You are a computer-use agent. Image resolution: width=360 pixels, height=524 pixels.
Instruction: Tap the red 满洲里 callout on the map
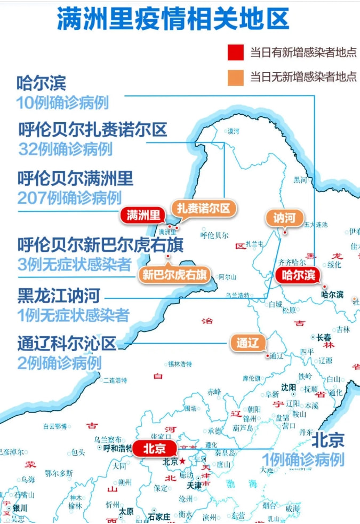coord(143,215)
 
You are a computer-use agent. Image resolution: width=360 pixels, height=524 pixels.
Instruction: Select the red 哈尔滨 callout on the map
coord(296,275)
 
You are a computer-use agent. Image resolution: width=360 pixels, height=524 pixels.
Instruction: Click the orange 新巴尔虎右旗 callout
coord(174,275)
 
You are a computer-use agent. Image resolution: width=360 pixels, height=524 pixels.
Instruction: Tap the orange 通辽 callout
coord(247,343)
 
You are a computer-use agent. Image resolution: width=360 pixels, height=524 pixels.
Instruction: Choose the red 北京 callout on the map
coord(154,449)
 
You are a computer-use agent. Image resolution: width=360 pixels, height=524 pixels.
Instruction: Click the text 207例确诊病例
coord(69,198)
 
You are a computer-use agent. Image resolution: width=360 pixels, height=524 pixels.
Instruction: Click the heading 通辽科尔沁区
coord(67,344)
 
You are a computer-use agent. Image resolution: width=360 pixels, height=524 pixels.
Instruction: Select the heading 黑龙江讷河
coord(59,295)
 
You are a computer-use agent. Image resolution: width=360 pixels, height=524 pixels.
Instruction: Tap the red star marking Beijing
coord(182,461)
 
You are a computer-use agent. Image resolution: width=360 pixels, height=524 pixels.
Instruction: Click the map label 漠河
coord(234,131)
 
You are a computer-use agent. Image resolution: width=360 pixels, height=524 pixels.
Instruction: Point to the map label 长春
coord(324,337)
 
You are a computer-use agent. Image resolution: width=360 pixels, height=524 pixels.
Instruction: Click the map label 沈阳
coord(289,387)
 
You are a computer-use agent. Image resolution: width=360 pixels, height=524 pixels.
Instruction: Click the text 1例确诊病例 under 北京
coord(303,459)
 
